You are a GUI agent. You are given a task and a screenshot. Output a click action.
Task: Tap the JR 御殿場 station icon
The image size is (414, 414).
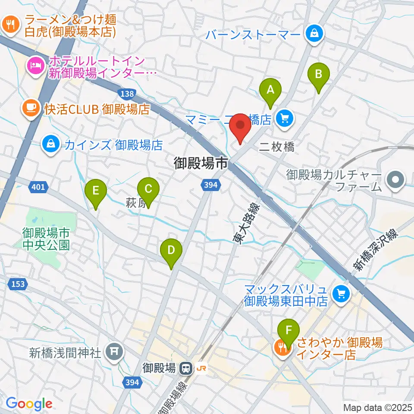[186, 368]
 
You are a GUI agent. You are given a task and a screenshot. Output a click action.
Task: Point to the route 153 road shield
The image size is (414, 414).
[18, 284]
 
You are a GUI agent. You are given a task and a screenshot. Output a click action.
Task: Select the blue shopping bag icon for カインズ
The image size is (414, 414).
[51, 144]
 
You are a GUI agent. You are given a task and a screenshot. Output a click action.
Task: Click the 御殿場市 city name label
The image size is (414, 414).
[201, 163]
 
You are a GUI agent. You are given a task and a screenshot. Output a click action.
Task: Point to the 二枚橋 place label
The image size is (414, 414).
[277, 147]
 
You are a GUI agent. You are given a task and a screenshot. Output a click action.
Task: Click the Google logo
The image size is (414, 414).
[29, 404]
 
